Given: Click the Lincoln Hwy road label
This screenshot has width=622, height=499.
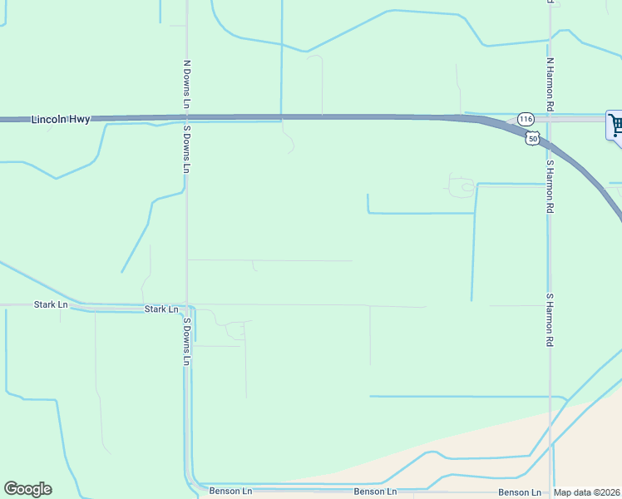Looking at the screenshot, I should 61,120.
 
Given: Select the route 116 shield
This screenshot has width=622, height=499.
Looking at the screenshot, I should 526,120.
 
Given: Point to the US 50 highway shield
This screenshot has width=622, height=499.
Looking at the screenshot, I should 532,137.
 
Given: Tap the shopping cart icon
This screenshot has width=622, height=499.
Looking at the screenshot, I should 616,126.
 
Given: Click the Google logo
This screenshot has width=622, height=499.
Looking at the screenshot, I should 27,489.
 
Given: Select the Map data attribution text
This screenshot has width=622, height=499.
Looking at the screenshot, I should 587,492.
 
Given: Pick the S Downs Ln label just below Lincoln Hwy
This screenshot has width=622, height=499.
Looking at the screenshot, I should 187,150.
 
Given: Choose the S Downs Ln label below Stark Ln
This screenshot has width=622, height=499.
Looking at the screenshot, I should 187,341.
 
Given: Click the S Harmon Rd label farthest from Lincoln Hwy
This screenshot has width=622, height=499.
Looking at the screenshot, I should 550,319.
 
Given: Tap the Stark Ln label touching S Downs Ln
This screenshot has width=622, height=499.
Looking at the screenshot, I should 161,309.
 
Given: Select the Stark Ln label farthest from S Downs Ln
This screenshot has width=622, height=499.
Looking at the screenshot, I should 51,305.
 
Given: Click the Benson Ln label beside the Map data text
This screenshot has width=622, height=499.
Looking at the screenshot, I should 520,492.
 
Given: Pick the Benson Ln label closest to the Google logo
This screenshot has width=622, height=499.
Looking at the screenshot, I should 230,492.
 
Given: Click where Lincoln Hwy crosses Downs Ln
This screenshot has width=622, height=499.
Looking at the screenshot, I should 186,118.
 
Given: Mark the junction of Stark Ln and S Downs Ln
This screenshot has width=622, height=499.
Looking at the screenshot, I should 186,307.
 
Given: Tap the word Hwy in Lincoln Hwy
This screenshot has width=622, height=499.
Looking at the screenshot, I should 79,120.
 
